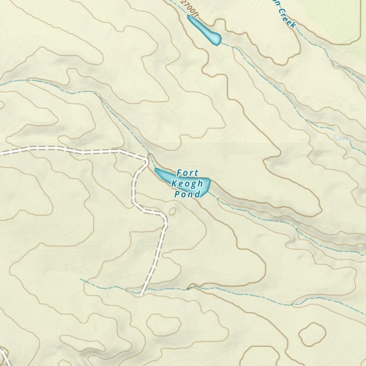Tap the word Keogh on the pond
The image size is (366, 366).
[187, 183]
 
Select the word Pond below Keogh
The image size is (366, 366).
[187, 194]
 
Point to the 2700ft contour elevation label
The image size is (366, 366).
[190, 8]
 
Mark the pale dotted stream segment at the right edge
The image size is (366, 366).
[342, 138]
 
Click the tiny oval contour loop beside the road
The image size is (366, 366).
[172, 211]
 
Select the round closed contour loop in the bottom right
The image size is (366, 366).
[312, 334]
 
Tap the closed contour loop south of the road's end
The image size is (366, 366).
[164, 322]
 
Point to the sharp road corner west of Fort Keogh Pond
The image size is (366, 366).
[147, 160]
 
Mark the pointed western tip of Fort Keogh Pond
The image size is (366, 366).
[156, 169]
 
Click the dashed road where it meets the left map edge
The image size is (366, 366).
[1, 154]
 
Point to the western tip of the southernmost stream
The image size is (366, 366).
[81, 280]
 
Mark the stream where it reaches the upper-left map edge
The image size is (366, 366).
[1, 84]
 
